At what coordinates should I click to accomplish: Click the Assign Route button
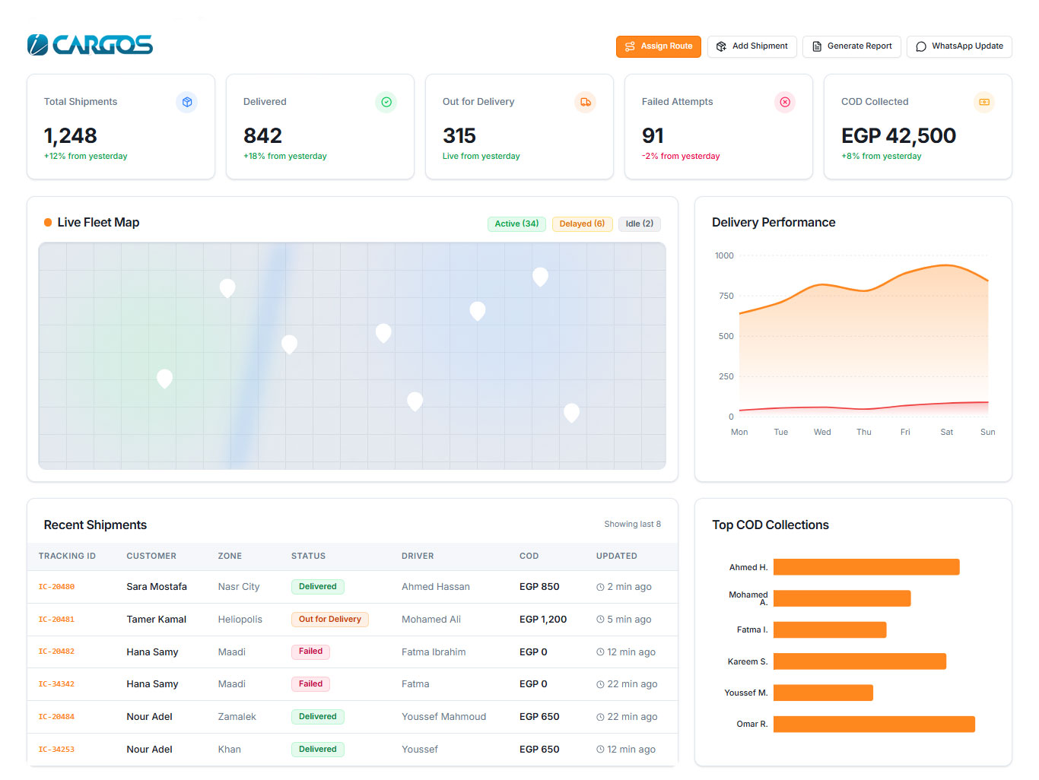[x=658, y=46]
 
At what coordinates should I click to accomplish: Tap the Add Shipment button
[x=751, y=46]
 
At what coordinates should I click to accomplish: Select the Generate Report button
[x=852, y=46]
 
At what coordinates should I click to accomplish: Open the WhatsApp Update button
[x=959, y=46]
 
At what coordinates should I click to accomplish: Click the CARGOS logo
[x=90, y=45]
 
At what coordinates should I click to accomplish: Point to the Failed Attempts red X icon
[x=785, y=102]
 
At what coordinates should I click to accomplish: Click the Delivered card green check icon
[x=386, y=102]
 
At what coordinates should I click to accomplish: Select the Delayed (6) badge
[x=582, y=224]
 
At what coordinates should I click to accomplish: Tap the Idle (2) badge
[x=640, y=224]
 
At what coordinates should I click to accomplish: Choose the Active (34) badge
[x=516, y=224]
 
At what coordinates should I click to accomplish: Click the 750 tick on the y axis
[x=726, y=296]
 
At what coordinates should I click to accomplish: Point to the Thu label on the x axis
[x=864, y=432]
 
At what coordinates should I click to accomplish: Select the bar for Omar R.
[x=874, y=725]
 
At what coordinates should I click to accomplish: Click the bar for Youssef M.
[x=823, y=693]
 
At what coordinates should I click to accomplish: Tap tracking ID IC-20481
[x=56, y=619]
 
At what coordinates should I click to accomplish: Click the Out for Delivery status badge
[x=330, y=619]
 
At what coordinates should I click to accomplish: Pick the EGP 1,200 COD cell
[x=543, y=619]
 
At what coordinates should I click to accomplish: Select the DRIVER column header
[x=418, y=556]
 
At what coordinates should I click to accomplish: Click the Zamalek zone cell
[x=237, y=717]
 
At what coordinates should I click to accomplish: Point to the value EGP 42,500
[x=898, y=136]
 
